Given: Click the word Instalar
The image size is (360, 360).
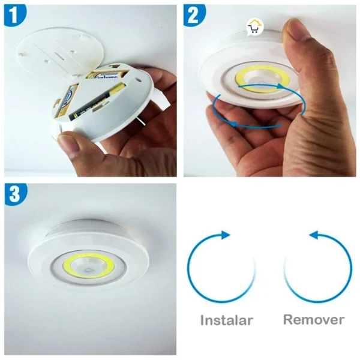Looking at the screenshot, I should (227, 319).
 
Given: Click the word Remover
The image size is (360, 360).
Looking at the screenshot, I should (314, 319).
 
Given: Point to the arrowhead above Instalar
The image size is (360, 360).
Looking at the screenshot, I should (225, 235).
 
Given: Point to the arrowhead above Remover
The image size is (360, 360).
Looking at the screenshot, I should (314, 235).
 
